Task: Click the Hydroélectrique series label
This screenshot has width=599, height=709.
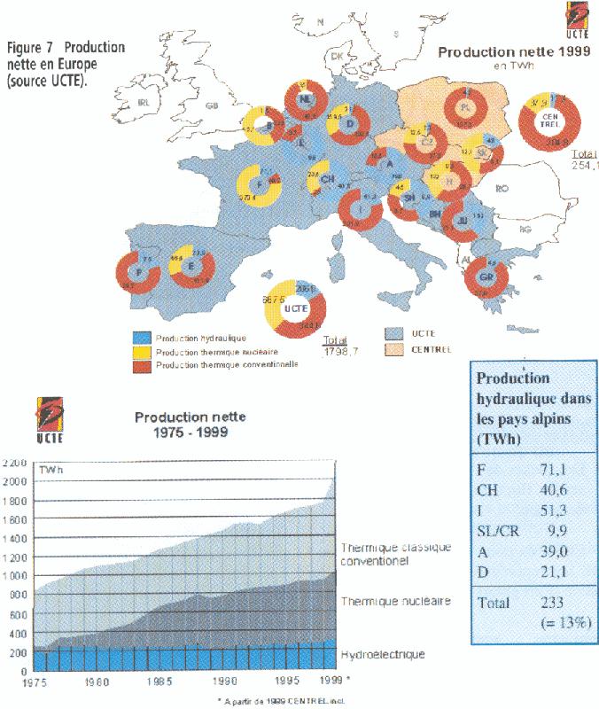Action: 383,654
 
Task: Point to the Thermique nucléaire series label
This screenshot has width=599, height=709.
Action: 395,601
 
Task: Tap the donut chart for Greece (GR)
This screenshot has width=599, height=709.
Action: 486,277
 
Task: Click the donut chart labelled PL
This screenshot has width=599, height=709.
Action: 464,110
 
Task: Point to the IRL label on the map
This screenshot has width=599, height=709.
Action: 147,103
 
